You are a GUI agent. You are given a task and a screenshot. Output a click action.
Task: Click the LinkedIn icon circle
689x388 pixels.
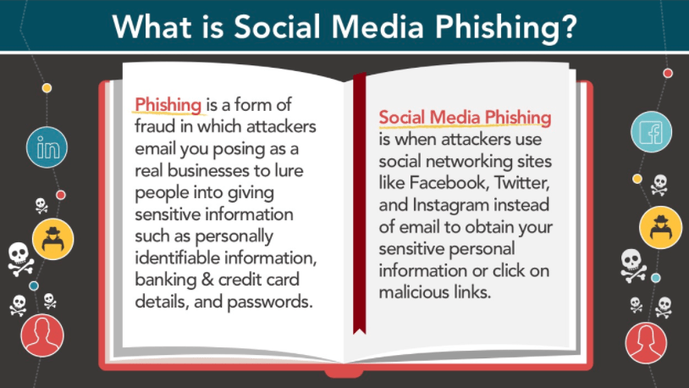pos(47,147)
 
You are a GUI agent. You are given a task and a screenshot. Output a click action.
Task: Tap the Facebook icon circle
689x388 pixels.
pos(651,131)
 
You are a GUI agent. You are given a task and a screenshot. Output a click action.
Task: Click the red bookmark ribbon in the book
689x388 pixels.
pos(360,203)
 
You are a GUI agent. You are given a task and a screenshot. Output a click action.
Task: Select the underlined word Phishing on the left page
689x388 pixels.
pos(168,106)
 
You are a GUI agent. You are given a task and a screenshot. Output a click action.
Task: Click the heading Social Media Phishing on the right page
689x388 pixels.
pos(465,118)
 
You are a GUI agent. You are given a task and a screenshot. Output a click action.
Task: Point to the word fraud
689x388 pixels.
pos(155,127)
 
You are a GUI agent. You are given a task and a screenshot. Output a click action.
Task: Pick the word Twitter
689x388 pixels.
pos(522,183)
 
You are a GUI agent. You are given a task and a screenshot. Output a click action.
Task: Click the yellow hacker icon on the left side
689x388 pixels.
pos(52,239)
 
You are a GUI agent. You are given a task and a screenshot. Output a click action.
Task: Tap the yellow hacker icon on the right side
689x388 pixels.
pos(660,227)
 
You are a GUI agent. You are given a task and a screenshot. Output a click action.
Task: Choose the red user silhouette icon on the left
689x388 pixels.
pos(42,335)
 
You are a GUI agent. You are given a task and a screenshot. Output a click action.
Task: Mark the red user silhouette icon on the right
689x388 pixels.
pos(646,343)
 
